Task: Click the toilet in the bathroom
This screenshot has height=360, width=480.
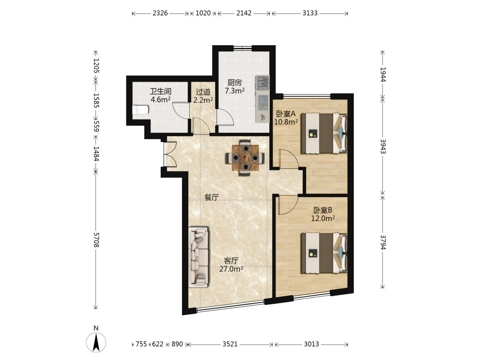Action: click(x=141, y=109)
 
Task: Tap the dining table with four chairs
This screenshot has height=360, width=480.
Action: click(x=245, y=157)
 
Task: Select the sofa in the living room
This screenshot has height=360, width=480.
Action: click(x=198, y=257)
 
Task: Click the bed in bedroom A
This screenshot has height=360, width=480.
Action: click(x=324, y=133)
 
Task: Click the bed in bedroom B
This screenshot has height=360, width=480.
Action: click(x=324, y=253)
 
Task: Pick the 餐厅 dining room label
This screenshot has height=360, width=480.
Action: click(x=212, y=197)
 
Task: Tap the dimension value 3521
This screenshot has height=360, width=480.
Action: click(x=230, y=344)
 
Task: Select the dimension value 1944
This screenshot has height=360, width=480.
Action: click(x=383, y=74)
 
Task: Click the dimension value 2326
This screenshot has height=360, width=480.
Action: click(x=160, y=13)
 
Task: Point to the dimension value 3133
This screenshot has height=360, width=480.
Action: click(x=310, y=13)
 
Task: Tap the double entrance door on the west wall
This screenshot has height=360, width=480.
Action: click(x=171, y=155)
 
